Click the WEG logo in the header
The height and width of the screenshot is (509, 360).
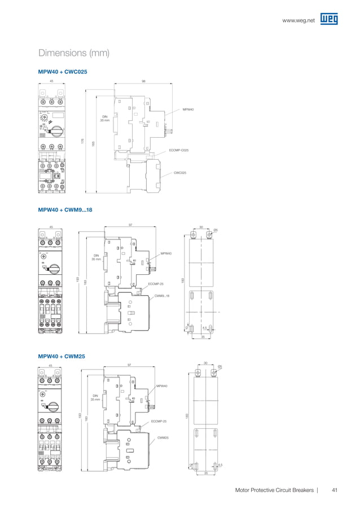tap(329, 20)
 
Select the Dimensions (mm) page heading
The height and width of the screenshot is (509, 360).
tap(73, 54)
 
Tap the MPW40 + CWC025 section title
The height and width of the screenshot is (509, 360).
tap(62, 72)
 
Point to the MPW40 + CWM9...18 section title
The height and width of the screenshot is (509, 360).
tap(65, 210)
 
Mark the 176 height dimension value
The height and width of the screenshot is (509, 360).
tap(82, 140)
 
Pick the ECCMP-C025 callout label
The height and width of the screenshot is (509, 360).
tap(179, 150)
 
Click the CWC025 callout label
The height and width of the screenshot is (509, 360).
tap(180, 173)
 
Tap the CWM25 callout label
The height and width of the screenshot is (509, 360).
tap(163, 437)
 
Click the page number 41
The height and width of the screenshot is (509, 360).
tap(335, 490)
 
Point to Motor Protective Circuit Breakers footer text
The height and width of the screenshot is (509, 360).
tap(274, 490)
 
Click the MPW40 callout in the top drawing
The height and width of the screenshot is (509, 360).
tap(188, 109)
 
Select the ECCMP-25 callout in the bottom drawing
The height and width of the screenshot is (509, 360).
tap(159, 421)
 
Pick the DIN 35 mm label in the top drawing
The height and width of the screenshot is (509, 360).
tap(105, 119)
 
